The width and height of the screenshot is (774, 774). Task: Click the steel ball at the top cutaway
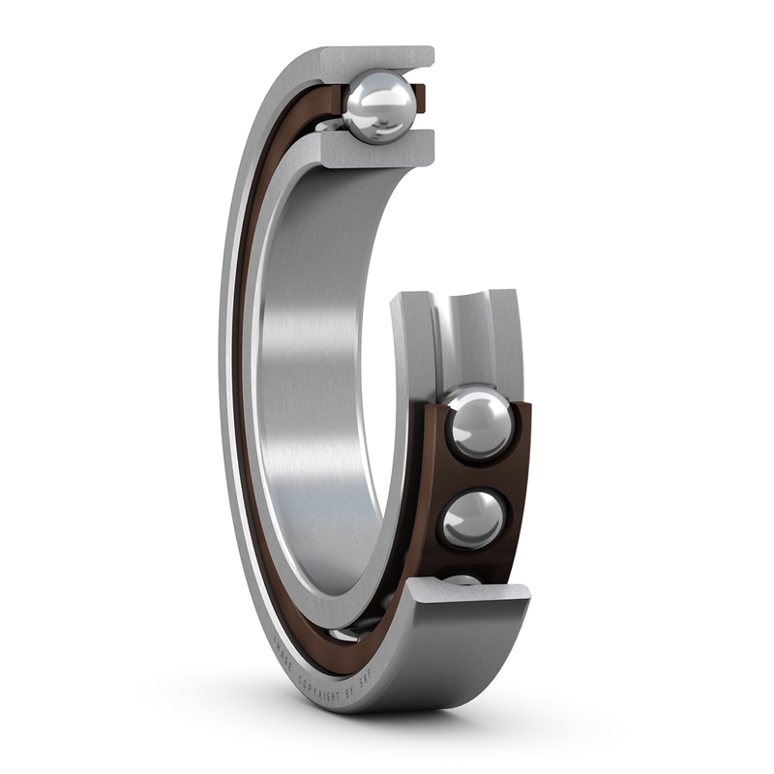point(379,106)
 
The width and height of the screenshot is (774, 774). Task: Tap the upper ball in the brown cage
point(479,423)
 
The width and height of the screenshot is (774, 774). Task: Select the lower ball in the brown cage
point(473,519)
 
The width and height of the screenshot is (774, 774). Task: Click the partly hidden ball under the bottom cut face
point(462,580)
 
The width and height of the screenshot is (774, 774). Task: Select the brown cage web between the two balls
point(484,472)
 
